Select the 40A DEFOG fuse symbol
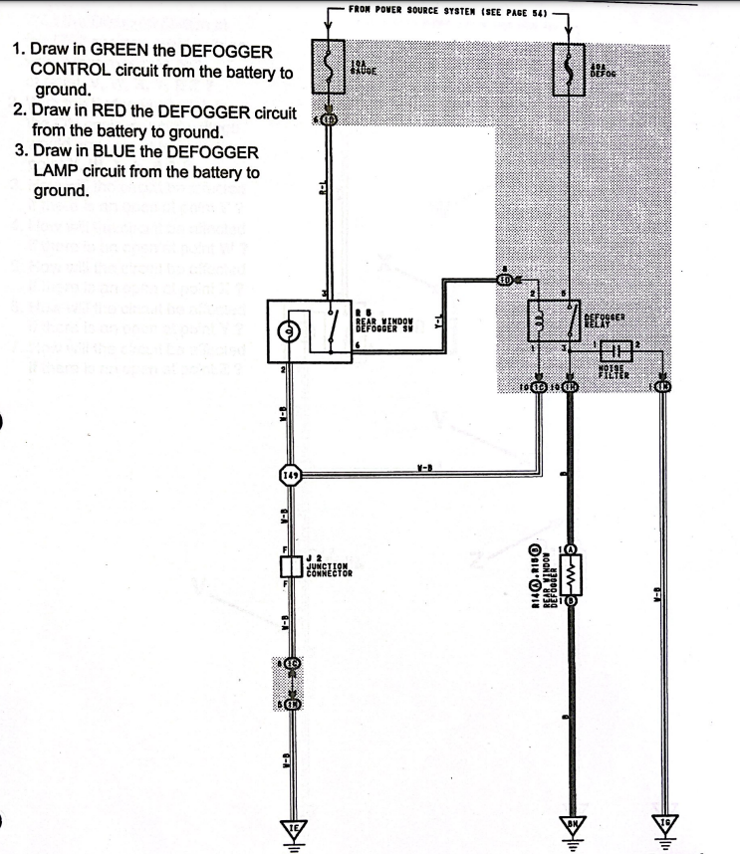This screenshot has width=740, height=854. (569, 66)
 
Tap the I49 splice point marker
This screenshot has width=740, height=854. (290, 476)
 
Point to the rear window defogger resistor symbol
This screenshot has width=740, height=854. (570, 575)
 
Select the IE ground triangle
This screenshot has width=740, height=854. (292, 829)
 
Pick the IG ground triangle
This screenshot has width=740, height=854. (663, 829)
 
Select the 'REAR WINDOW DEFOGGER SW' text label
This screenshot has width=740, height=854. (384, 320)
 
